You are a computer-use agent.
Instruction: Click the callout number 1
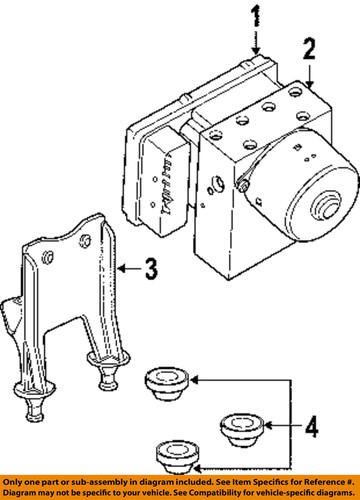click(x=255, y=15)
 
